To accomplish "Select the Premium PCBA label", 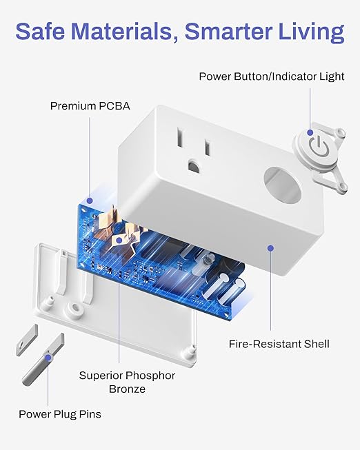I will pos(90,106).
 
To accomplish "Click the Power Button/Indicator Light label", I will pos(272,76).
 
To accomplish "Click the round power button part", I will pos(316,147).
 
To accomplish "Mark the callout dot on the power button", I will pos(311,132).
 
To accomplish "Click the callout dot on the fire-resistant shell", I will pos(270,247).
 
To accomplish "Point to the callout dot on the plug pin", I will pos(47,358).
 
